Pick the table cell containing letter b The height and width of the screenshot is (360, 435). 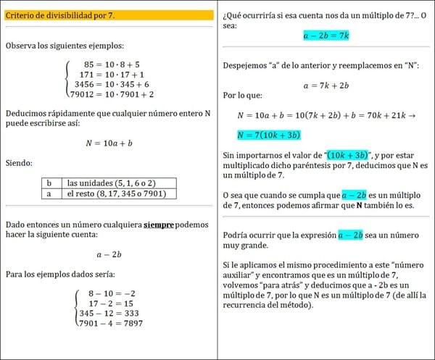[48, 183]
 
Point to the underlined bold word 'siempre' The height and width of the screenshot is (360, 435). [159, 225]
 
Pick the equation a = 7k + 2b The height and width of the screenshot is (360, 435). [326, 85]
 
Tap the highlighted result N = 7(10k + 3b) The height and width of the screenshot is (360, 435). [269, 135]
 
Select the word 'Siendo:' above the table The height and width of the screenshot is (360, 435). [19, 164]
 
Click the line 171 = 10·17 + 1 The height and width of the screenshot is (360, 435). [110, 75]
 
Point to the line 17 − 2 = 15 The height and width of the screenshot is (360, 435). [108, 303]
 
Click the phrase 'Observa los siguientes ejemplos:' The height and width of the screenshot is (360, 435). [63, 46]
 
